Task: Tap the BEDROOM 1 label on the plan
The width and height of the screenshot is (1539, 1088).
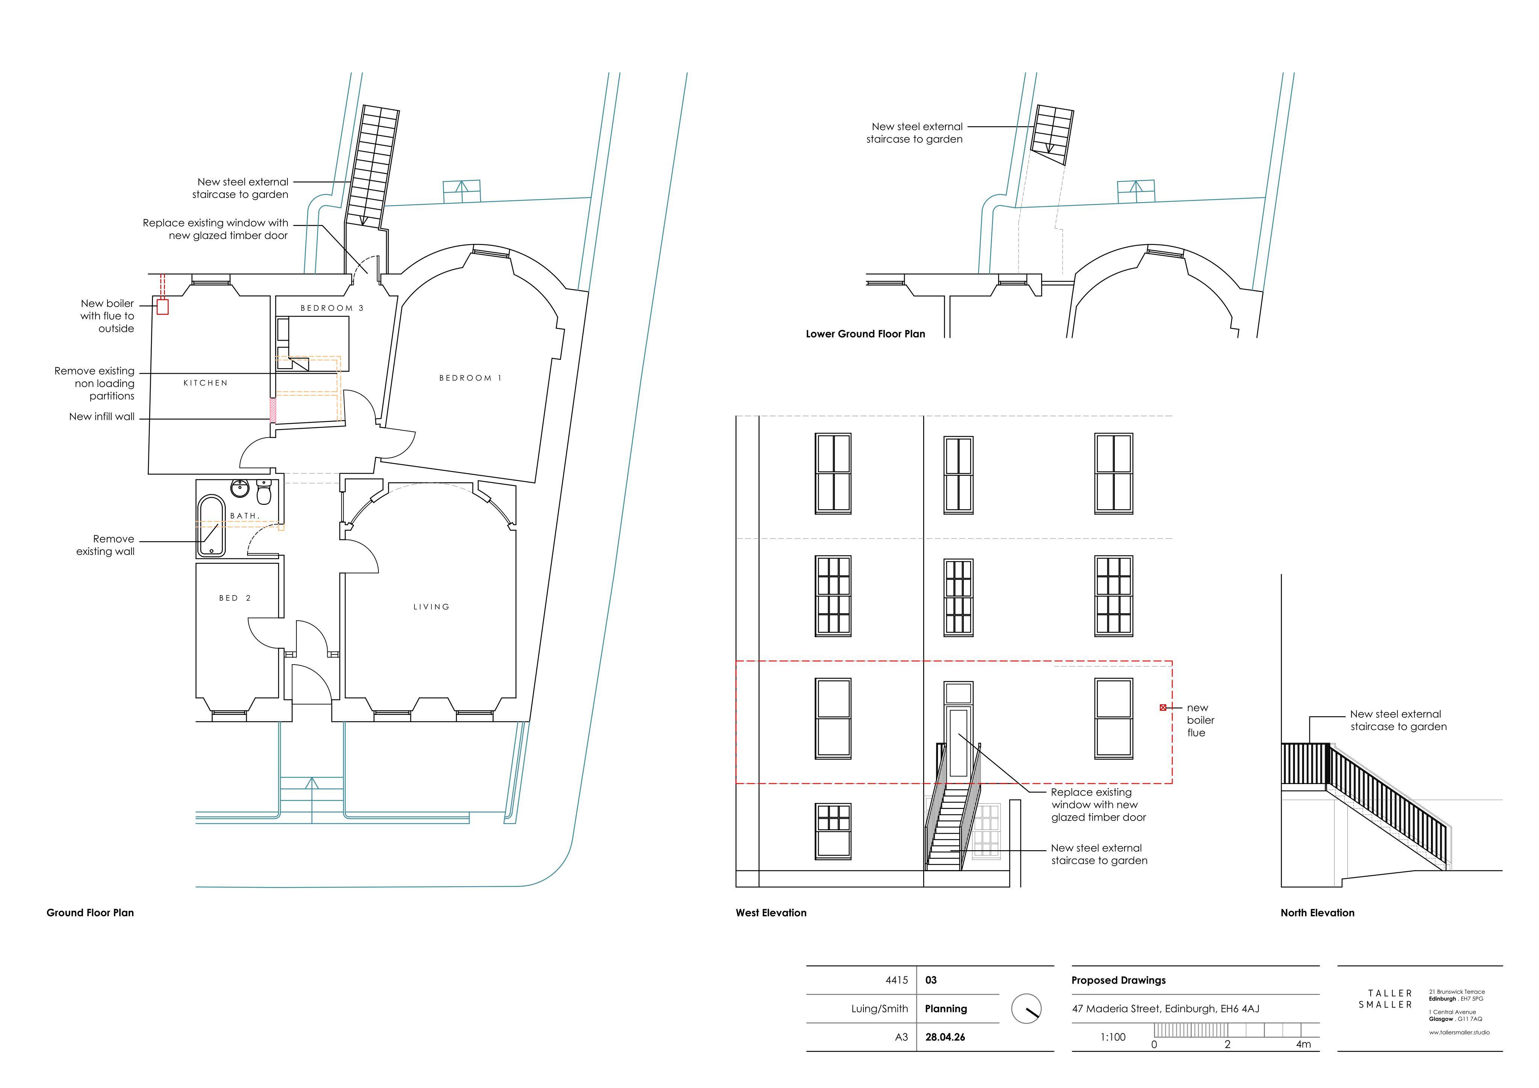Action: click(x=470, y=378)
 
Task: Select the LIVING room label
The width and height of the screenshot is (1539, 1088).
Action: click(x=431, y=607)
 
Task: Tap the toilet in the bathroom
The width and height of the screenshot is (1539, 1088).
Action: click(x=264, y=493)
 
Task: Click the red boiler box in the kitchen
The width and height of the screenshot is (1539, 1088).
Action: click(x=162, y=307)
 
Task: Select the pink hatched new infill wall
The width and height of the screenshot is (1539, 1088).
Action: click(x=273, y=410)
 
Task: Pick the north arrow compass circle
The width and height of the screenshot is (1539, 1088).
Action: click(x=1026, y=1008)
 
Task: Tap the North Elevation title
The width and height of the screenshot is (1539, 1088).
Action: click(x=1317, y=913)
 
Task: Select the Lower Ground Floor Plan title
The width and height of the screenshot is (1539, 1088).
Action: click(x=865, y=334)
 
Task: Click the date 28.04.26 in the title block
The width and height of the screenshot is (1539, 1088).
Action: click(x=945, y=1037)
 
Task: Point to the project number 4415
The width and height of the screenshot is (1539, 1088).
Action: click(x=897, y=980)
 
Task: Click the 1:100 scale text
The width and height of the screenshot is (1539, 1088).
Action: click(x=1113, y=1037)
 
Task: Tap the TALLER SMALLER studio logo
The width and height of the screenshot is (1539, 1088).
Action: click(x=1385, y=999)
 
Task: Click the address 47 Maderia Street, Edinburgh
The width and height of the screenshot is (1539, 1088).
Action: click(x=1166, y=1009)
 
